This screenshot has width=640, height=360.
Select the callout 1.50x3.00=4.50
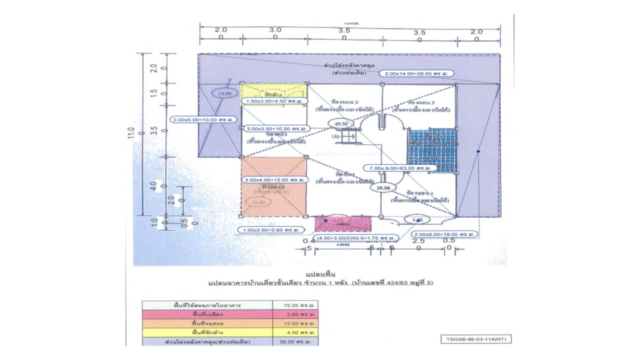point(274,101)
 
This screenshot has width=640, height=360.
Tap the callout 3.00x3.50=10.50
point(275,128)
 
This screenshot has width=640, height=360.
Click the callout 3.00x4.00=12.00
point(275,179)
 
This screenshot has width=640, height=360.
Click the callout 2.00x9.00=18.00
point(444,234)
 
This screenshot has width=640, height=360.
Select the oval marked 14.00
point(224,93)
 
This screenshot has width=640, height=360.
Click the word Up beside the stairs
point(336,136)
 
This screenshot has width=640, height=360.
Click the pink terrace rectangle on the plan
point(343,223)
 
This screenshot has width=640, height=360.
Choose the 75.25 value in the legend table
point(295,304)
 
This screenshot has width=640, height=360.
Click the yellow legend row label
point(207,332)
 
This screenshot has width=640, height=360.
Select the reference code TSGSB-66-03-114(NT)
point(476,339)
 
